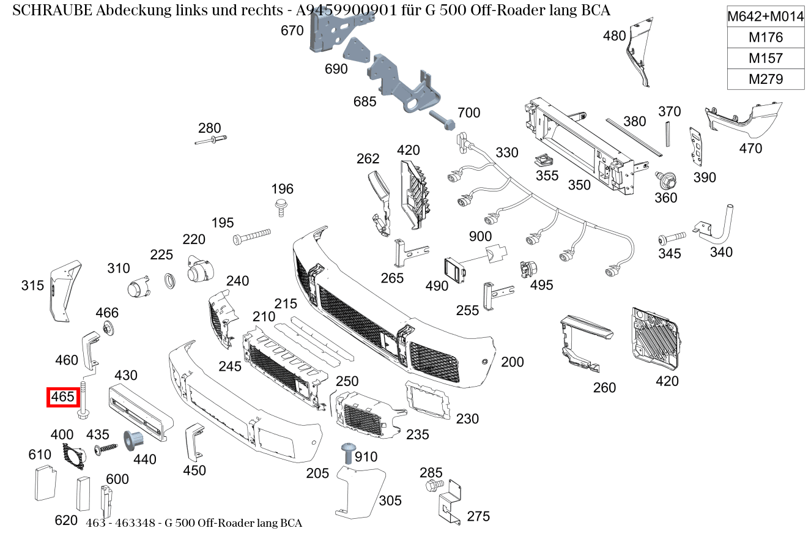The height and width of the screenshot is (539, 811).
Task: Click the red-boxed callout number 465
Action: pyautogui.click(x=62, y=397)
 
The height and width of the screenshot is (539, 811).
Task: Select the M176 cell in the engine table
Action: pyautogui.click(x=765, y=37)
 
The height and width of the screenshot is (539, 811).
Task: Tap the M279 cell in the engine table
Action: pyautogui.click(x=765, y=79)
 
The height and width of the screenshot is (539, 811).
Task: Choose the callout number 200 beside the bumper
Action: pyautogui.click(x=512, y=362)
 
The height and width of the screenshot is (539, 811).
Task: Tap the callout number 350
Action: pyautogui.click(x=579, y=185)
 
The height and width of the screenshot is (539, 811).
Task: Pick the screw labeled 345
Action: pyautogui.click(x=671, y=237)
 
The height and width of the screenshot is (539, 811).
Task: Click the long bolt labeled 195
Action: pyautogui.click(x=251, y=236)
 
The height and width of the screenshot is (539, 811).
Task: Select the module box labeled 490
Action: pyautogui.click(x=454, y=268)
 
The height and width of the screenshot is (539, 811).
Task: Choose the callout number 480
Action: pyautogui.click(x=614, y=36)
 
